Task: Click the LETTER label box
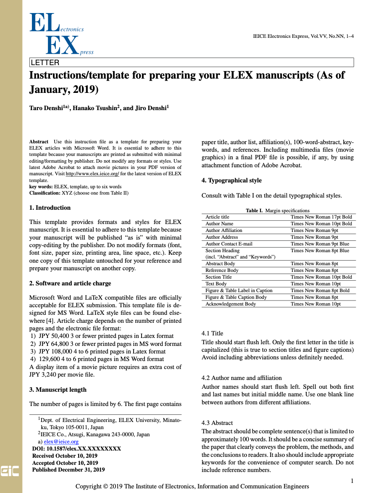pos(192,63)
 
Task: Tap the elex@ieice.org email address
pos(61,442)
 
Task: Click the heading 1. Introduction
pos(50,208)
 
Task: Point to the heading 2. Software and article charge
pos(70,283)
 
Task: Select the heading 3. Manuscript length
pos(58,390)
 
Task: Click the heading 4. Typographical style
pos(231,180)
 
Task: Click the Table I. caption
pos(278,211)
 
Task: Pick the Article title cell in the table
pos(217,217)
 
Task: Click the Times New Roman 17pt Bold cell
pos(321,217)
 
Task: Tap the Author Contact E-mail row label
pos(229,244)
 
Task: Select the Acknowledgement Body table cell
pos(231,304)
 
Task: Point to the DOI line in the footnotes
pos(76,448)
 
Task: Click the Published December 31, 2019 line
pos(68,469)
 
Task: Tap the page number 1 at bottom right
pos(352,480)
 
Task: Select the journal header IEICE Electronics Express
pos(303,36)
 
